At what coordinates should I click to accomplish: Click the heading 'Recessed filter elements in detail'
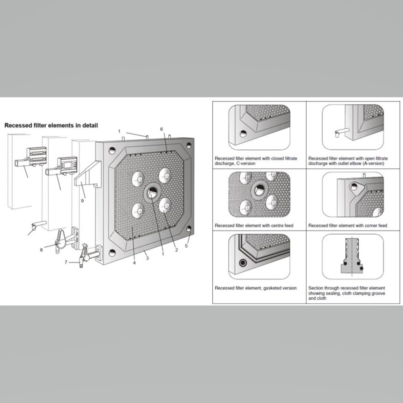pos(51,125)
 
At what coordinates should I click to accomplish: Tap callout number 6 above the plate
pos(162,129)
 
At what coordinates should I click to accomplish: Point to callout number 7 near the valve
pos(66,262)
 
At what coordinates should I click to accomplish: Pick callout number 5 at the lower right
pos(187,246)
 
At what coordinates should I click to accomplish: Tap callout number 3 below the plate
pos(147,258)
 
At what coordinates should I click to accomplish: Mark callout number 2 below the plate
pos(177,250)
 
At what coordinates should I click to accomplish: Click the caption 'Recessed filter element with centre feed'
pos(254,225)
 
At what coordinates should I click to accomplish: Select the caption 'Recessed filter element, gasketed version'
pos(256,288)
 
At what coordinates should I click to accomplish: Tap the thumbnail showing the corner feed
pos(353,194)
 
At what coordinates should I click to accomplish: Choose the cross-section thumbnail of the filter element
pos(353,256)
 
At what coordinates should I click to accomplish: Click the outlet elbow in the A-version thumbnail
pos(338,132)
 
